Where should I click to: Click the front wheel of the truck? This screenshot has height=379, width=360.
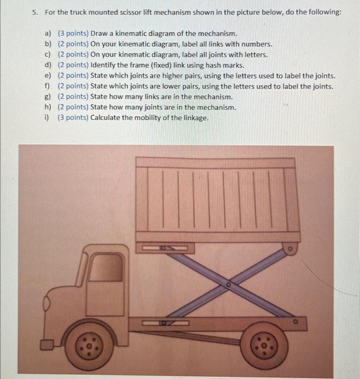click(92, 344)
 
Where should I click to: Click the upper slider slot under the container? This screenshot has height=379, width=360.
click(167, 247)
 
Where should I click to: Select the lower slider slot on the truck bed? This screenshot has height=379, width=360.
click(167, 323)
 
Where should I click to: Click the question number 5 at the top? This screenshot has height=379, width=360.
click(34, 12)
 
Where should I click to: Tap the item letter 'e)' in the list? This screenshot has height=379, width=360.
click(48, 76)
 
